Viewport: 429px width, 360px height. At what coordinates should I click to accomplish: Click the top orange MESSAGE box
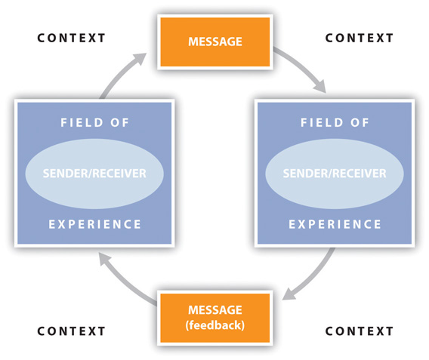[215, 42]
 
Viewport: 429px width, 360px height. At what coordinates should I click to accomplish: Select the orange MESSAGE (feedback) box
[215, 318]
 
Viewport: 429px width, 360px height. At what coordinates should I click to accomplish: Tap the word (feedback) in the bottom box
[215, 325]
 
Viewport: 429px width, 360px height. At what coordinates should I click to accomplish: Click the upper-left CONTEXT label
[71, 38]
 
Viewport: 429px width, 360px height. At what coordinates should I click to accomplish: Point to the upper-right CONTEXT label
[360, 38]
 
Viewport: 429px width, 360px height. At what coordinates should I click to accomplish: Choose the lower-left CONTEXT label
[71, 331]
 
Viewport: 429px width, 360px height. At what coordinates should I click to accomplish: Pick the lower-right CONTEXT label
[360, 331]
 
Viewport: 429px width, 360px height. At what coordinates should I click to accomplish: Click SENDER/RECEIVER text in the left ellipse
[94, 174]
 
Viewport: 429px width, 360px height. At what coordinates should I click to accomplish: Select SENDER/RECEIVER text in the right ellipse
[335, 174]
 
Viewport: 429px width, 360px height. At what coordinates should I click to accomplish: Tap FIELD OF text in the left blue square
[94, 122]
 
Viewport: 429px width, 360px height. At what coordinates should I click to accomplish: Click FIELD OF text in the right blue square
[335, 122]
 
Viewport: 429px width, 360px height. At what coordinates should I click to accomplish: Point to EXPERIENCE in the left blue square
[94, 224]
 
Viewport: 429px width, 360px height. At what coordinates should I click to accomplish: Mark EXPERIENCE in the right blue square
[335, 224]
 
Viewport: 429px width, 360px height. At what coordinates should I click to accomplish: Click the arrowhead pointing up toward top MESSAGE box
[140, 58]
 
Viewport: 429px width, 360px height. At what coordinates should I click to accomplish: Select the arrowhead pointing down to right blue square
[319, 86]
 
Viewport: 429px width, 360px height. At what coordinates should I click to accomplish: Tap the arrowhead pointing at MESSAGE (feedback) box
[289, 294]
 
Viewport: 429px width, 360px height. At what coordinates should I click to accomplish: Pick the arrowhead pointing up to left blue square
[104, 258]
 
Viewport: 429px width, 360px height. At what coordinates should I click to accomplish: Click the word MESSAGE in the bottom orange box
[215, 310]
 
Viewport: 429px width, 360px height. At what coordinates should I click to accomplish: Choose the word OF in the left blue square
[119, 122]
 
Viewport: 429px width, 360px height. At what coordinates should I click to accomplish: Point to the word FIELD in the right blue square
[322, 122]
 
